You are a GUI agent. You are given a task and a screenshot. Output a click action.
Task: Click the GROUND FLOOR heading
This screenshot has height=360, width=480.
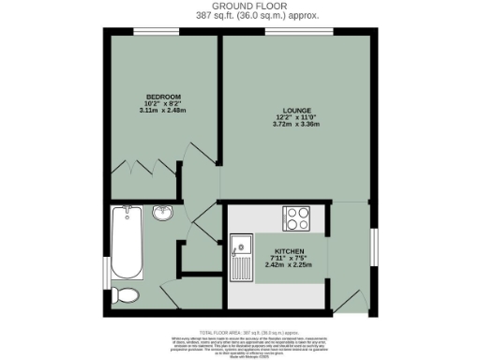pyautogui.click(x=241, y=6)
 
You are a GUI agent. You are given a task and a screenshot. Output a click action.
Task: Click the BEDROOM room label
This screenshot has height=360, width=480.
pyautogui.click(x=162, y=97)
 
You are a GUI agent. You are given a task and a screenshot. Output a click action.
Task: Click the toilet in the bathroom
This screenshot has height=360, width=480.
pyautogui.click(x=127, y=296)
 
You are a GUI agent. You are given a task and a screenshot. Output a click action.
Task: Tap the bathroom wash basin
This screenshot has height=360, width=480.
pyautogui.click(x=163, y=214)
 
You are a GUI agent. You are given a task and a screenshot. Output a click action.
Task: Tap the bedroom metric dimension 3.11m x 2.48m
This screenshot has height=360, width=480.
pyautogui.click(x=162, y=112)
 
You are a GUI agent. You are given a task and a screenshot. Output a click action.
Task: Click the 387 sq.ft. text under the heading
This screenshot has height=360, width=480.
pyautogui.click(x=240, y=16)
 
